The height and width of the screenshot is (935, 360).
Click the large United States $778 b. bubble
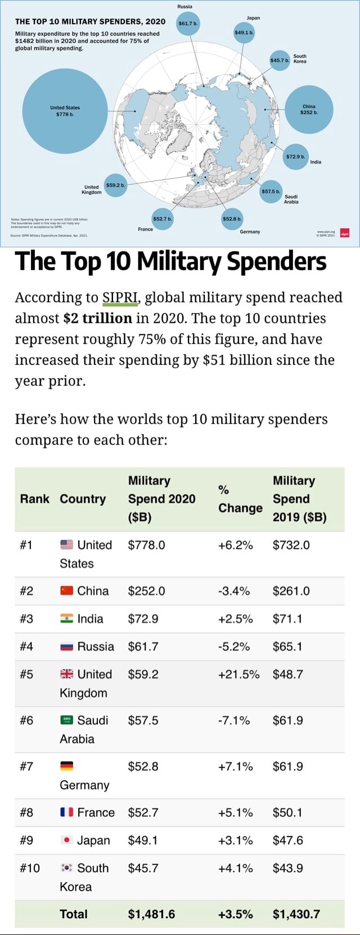[65, 111]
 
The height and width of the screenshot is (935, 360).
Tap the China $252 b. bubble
[309, 109]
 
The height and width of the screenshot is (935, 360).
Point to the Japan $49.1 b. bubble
[244, 32]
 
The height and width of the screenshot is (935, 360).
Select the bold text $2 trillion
[98, 318]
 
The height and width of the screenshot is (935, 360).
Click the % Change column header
[240, 499]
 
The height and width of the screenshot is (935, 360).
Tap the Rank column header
[34, 499]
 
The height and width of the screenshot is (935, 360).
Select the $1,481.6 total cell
[151, 914]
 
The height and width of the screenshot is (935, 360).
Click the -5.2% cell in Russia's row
[233, 647]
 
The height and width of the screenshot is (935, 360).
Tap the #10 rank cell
[30, 868]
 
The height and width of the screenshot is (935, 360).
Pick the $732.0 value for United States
[291, 545]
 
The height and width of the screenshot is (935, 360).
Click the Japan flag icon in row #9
[66, 841]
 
